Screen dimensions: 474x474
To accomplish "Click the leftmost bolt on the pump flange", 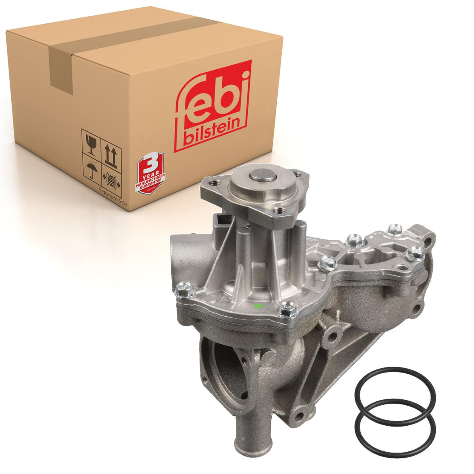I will pos(184,290).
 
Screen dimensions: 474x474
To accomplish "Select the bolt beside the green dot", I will pos(286,309).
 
